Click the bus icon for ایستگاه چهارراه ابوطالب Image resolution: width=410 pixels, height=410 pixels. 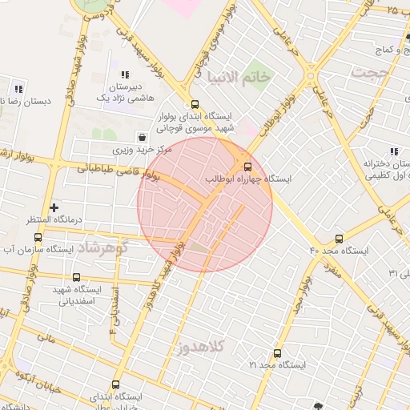[246, 166]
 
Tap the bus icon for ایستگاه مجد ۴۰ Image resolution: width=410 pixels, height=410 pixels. [340, 239]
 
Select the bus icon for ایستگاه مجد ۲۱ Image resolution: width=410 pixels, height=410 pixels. [278, 353]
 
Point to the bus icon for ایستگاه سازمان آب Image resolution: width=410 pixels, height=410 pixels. [38, 238]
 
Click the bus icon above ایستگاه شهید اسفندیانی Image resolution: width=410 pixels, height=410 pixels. [76, 277]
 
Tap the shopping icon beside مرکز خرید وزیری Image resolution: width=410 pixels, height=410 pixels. [142, 137]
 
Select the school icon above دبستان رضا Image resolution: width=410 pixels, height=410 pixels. [18, 89]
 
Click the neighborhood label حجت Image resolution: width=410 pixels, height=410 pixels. [368, 72]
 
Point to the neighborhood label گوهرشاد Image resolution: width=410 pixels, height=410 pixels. [104, 247]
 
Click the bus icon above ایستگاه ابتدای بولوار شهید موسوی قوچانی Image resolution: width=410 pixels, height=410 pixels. [195, 104]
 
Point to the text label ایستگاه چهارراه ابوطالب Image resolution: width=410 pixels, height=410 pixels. [249, 179]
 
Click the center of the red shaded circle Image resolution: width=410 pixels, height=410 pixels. [205, 204]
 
